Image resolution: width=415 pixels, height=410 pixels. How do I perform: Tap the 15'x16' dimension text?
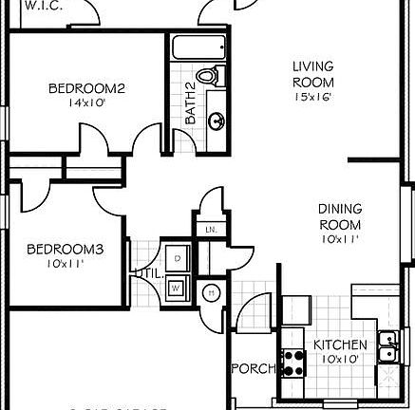(313, 96)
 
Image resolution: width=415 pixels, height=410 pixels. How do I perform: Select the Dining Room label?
(339, 217)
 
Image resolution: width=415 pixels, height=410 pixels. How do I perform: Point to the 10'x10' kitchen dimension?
(332, 359)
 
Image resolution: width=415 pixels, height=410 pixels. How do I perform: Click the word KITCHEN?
(333, 345)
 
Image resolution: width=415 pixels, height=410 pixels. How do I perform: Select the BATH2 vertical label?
(190, 105)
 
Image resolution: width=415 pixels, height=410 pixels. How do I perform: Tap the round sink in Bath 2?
(217, 121)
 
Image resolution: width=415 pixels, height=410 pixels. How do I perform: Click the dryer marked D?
(179, 255)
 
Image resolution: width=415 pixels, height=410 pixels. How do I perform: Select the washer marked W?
(179, 289)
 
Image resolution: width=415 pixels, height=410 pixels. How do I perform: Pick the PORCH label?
(253, 368)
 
